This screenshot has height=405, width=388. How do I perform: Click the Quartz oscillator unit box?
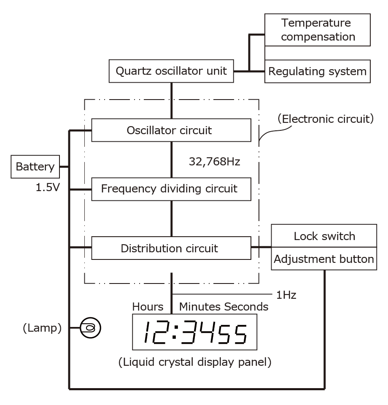click(x=171, y=71)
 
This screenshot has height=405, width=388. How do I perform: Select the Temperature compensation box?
click(x=318, y=30)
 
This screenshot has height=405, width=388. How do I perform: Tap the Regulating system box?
click(x=318, y=71)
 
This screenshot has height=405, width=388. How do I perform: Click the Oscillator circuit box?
click(x=171, y=130)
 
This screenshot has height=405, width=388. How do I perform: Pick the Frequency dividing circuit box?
click(x=171, y=189)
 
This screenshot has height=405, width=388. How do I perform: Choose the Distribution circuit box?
click(x=171, y=248)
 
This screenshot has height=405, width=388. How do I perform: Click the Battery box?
click(x=35, y=167)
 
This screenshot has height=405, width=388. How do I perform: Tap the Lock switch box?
click(x=323, y=236)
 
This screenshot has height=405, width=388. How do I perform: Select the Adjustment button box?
click(x=323, y=259)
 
